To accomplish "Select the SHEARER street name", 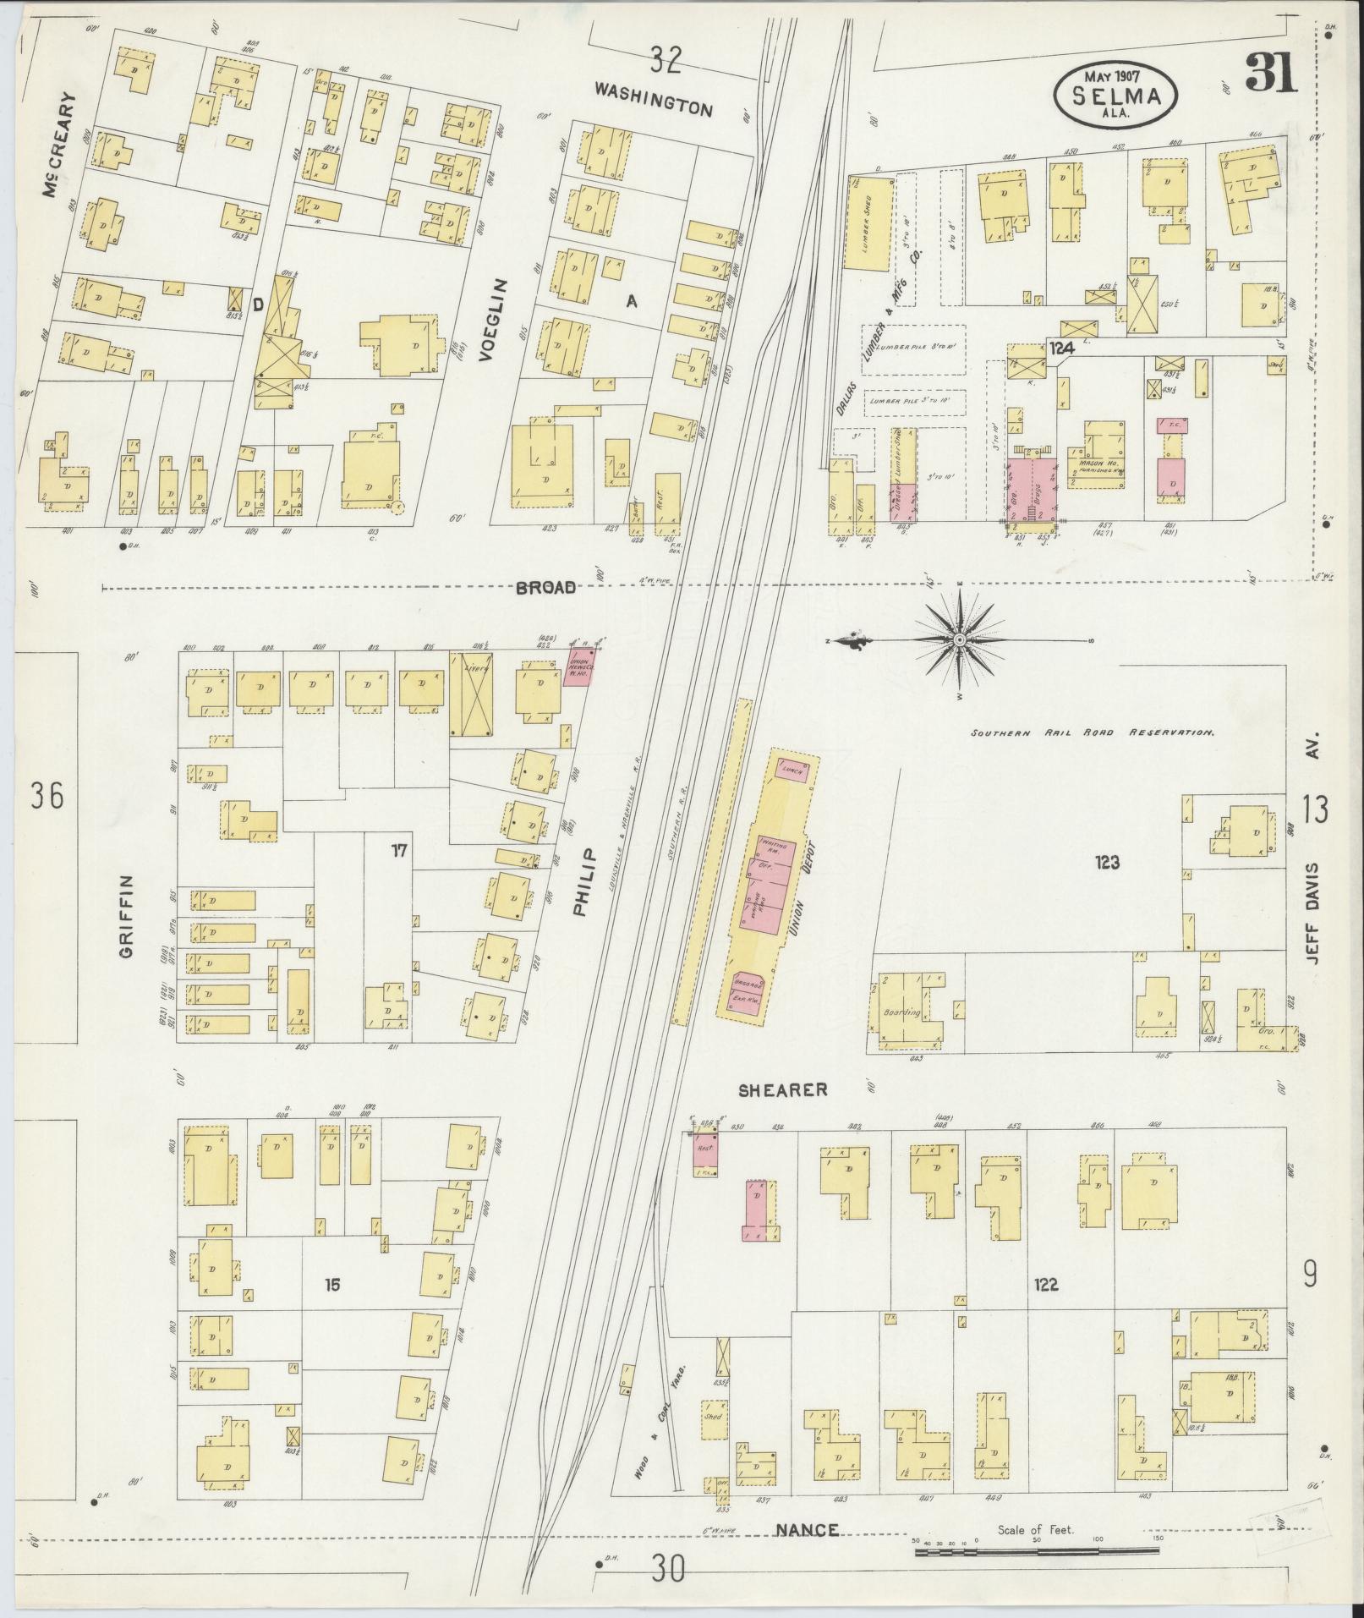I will (782, 1090).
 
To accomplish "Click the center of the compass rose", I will (960, 641).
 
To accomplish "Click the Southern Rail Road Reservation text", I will (1092, 733).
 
